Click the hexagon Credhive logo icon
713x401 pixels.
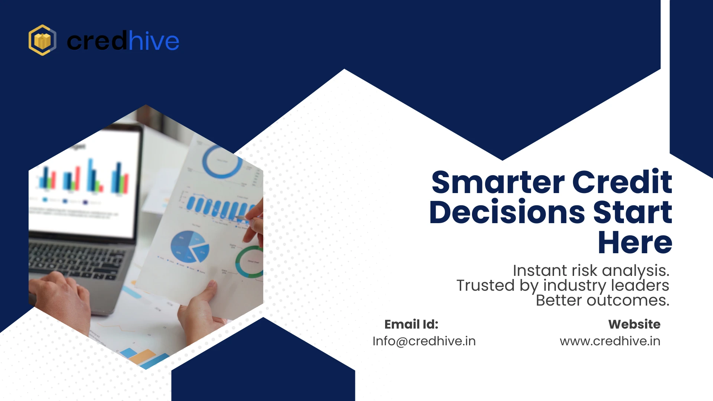(42, 40)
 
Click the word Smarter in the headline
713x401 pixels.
(498, 182)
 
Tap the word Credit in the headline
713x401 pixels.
(622, 182)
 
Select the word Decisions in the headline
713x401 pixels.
(507, 212)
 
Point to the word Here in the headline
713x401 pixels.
(635, 242)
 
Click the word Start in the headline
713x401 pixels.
(632, 212)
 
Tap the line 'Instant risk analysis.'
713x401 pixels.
(591, 270)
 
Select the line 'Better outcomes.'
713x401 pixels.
(602, 300)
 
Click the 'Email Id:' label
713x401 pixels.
(411, 324)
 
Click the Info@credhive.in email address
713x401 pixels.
(424, 341)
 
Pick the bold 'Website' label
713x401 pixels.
(634, 324)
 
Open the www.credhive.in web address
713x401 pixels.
(610, 341)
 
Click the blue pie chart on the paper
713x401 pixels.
(189, 246)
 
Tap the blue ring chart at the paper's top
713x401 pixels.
(222, 162)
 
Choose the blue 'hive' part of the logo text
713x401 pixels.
(153, 41)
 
